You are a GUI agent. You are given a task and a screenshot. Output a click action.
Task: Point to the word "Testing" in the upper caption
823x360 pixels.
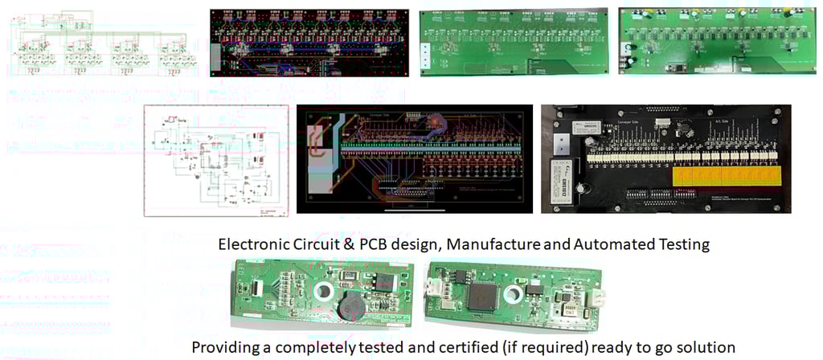point(682,244)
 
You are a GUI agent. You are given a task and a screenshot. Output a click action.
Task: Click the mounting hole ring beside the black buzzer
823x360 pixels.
point(327,292)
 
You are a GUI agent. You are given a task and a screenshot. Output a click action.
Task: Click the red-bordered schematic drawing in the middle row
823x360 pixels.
point(215,159)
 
